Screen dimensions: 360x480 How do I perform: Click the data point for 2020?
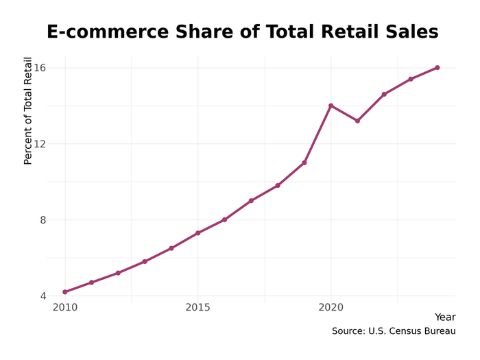(331, 106)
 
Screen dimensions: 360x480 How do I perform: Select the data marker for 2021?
(357, 121)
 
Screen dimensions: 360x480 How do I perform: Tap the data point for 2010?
(65, 292)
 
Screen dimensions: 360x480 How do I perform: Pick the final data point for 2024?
(437, 68)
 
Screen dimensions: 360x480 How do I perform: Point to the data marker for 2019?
(304, 163)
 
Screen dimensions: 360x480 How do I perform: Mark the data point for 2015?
(197, 233)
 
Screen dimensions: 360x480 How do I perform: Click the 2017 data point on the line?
(251, 201)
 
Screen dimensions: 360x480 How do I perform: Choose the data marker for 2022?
(384, 95)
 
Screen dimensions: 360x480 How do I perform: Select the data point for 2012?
(118, 273)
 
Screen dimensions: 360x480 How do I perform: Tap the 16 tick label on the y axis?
(40, 68)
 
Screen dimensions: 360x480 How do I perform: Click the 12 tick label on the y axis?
(40, 144)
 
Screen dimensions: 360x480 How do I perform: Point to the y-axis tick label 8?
(43, 220)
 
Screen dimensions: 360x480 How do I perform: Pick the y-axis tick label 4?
(43, 296)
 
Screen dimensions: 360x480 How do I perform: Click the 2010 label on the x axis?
(65, 308)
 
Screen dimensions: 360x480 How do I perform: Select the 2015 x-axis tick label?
(197, 308)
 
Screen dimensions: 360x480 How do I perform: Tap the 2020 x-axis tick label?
(331, 308)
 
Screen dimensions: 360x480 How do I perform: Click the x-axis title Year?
(445, 317)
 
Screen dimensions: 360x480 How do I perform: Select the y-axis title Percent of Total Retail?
(28, 111)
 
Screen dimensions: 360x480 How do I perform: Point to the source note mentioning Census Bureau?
(394, 331)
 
